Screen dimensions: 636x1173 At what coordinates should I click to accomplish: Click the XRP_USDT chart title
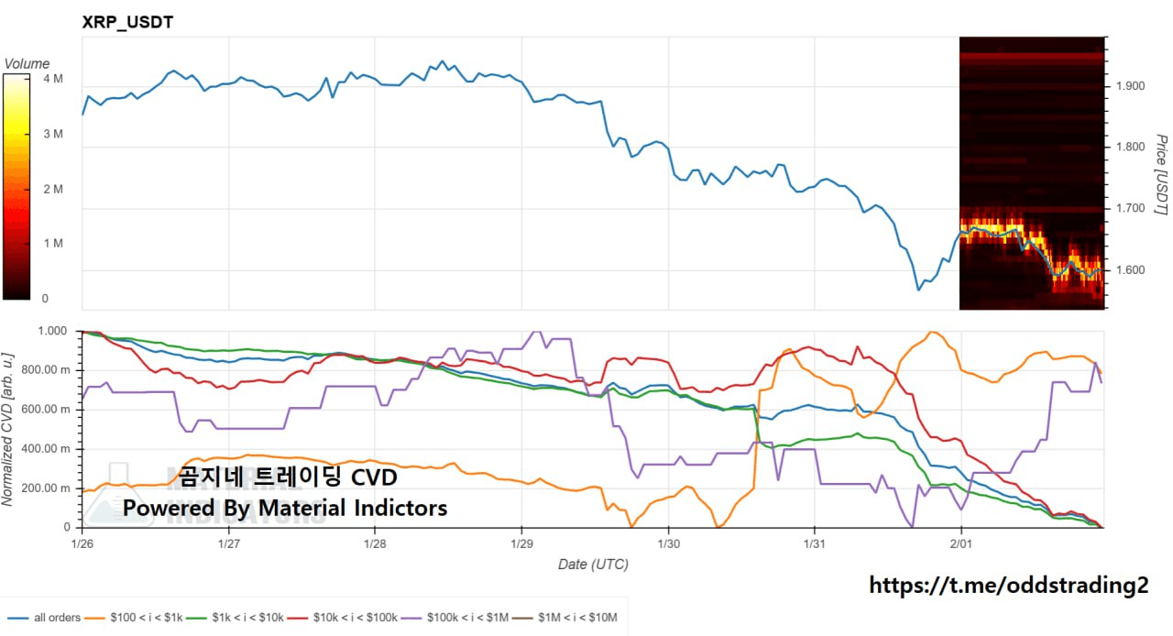[x=127, y=22]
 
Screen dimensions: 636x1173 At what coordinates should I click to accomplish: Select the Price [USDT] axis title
[x=1160, y=175]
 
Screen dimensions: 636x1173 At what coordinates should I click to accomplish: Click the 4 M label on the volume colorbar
[x=52, y=80]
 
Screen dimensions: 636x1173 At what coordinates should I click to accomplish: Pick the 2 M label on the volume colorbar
[x=52, y=189]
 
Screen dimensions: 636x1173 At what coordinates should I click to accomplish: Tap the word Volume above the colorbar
[x=27, y=64]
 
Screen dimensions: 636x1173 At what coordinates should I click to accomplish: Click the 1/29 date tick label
[x=521, y=543]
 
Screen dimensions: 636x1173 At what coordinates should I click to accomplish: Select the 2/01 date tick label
[x=960, y=543]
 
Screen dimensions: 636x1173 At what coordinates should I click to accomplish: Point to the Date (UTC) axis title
[x=593, y=565]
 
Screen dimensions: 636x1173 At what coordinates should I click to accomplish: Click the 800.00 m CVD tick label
[x=46, y=370]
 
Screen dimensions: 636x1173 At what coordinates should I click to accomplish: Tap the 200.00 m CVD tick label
[x=46, y=488]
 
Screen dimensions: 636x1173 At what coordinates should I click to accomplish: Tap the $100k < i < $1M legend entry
[x=466, y=618]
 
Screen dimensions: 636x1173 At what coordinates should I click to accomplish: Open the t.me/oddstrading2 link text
[x=1008, y=585]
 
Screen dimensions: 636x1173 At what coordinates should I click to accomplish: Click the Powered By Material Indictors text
[x=285, y=508]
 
